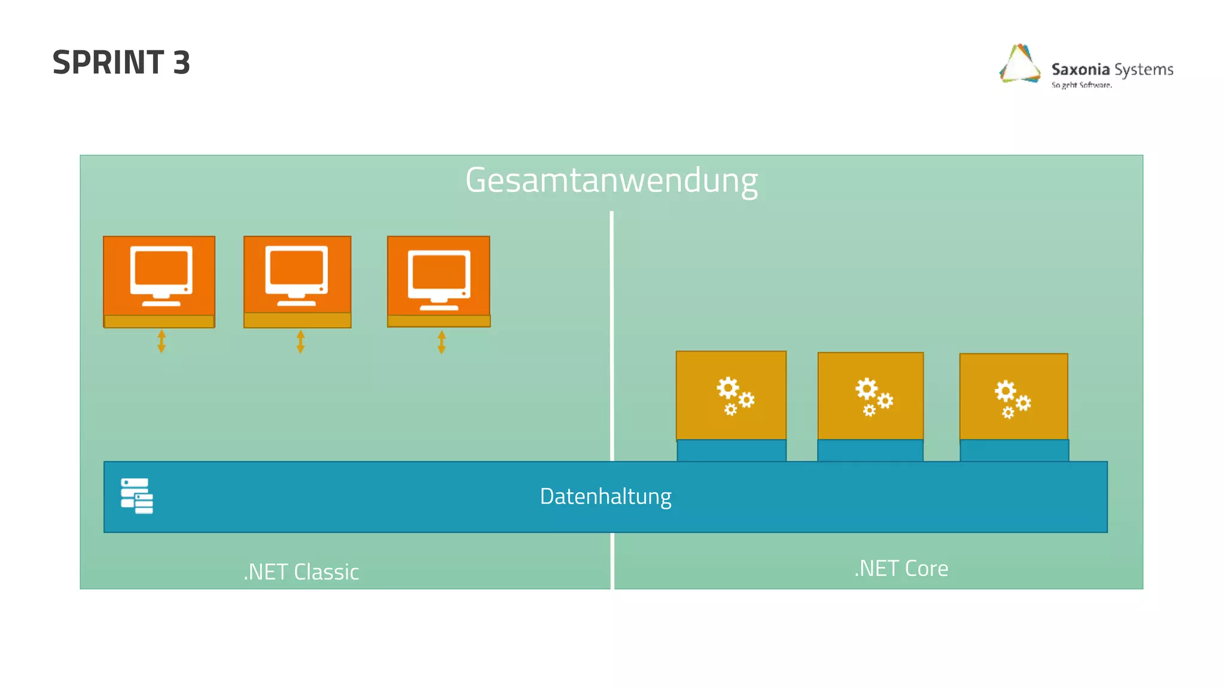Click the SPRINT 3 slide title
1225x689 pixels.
pyautogui.click(x=121, y=62)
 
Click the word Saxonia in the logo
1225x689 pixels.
pyautogui.click(x=1080, y=69)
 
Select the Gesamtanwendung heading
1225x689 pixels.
pyautogui.click(x=611, y=180)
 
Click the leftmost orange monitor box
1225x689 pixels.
pyautogui.click(x=159, y=276)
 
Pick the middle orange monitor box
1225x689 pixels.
pyautogui.click(x=297, y=275)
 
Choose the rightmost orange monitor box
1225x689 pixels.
pyautogui.click(x=438, y=276)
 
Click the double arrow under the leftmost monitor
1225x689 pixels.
pyautogui.click(x=161, y=341)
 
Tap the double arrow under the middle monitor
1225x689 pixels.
pyautogui.click(x=301, y=342)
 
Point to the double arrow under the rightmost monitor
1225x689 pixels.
pyautogui.click(x=441, y=342)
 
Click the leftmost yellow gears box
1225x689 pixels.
pyautogui.click(x=731, y=395)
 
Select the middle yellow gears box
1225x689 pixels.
pyautogui.click(x=870, y=396)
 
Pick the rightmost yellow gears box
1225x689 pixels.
pyautogui.click(x=1013, y=397)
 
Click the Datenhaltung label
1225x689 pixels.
pyautogui.click(x=605, y=496)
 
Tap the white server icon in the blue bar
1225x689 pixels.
pyautogui.click(x=137, y=496)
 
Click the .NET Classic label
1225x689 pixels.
pyautogui.click(x=301, y=572)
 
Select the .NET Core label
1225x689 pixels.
pyautogui.click(x=901, y=568)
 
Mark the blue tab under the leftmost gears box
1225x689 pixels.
pyautogui.click(x=732, y=450)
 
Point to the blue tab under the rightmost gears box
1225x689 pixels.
pyautogui.click(x=1014, y=450)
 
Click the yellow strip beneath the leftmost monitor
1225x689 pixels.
pyautogui.click(x=159, y=321)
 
